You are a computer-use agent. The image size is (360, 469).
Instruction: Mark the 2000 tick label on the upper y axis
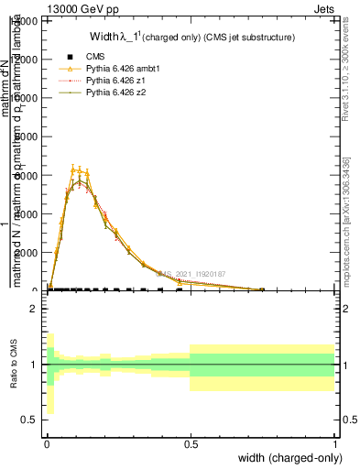pos(25,253)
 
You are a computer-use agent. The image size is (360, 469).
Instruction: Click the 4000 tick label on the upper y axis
pos(25,213)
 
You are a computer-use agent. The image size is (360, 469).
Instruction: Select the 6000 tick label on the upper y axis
pos(25,175)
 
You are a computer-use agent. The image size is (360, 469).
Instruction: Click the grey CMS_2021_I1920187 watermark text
pos(191,273)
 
